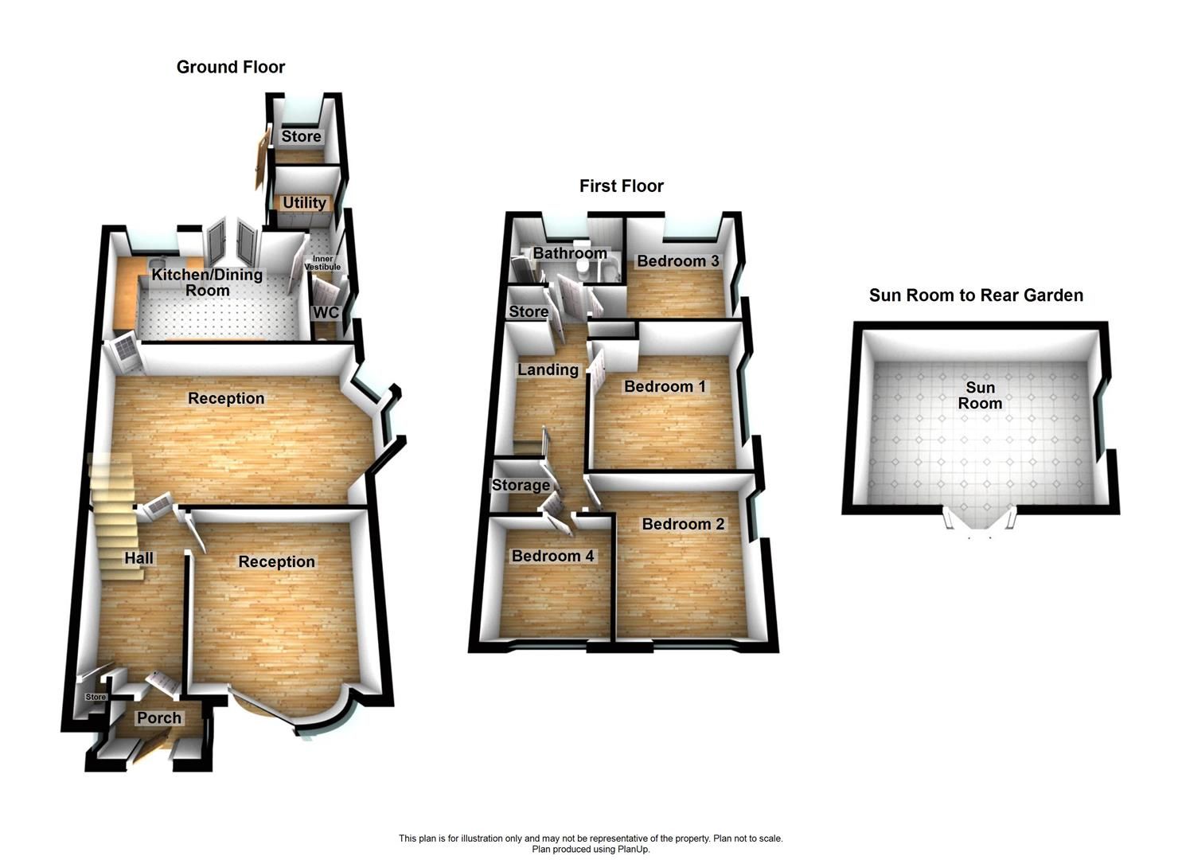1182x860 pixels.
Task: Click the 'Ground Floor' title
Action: click(231, 67)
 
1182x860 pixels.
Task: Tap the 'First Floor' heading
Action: click(621, 186)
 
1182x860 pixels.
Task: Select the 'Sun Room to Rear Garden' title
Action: click(976, 295)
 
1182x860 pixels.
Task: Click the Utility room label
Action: click(304, 203)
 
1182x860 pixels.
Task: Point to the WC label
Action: click(326, 312)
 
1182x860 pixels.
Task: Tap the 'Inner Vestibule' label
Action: click(322, 263)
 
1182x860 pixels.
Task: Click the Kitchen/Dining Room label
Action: click(207, 283)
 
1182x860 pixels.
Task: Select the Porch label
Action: click(159, 717)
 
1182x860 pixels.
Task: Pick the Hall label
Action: click(138, 558)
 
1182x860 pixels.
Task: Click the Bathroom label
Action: click(570, 253)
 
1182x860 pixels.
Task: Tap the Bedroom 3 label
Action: click(677, 261)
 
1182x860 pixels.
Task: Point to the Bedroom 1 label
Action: click(665, 387)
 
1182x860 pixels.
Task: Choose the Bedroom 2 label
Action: click(683, 524)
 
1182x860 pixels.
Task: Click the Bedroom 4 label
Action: click(552, 556)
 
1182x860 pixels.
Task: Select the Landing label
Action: click(548, 369)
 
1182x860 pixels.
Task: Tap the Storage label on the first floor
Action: click(521, 485)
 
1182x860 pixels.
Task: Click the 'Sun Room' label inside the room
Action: click(980, 395)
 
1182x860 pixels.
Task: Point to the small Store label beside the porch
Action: click(96, 698)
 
